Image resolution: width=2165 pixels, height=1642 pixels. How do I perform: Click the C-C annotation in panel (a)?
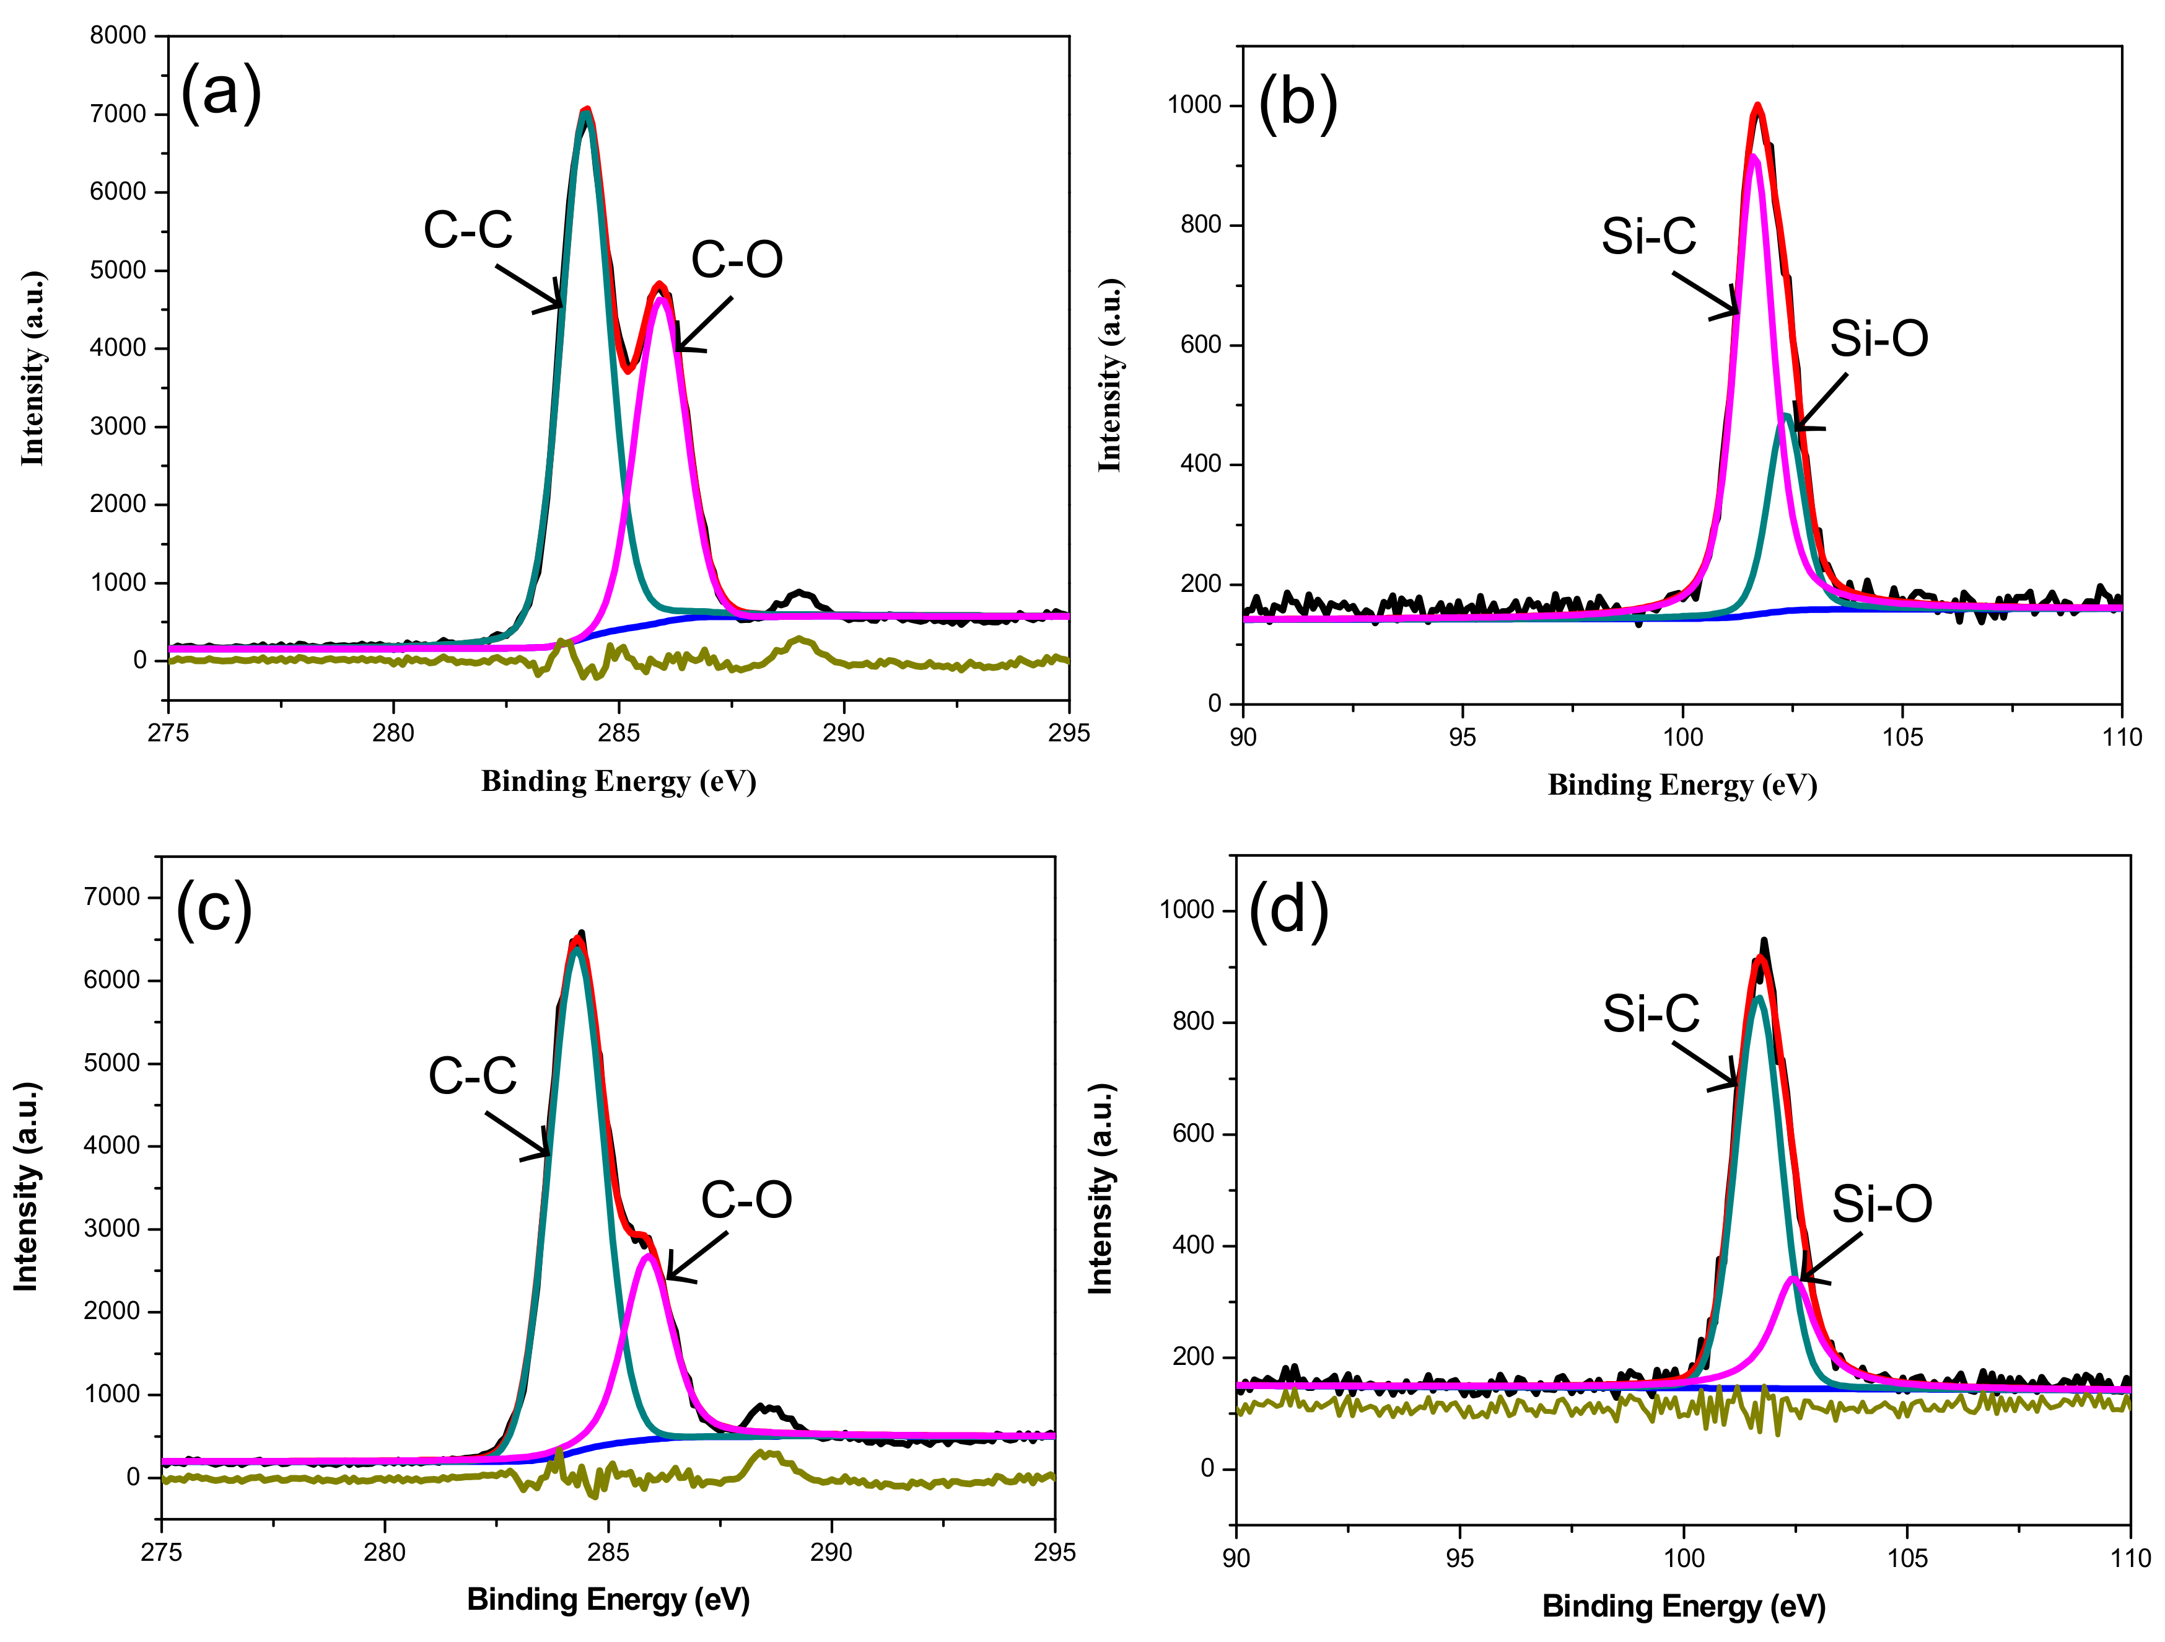pyautogui.click(x=468, y=230)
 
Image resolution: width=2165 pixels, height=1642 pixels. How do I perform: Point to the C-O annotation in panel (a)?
pyautogui.click(x=736, y=260)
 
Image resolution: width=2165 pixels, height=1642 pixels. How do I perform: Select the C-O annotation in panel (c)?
pyautogui.click(x=746, y=1199)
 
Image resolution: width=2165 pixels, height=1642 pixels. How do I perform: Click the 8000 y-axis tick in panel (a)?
pyautogui.click(x=118, y=35)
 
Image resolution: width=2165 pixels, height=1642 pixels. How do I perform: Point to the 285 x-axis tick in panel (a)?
pyautogui.click(x=619, y=733)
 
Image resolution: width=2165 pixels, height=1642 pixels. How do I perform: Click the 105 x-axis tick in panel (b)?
pyautogui.click(x=1902, y=736)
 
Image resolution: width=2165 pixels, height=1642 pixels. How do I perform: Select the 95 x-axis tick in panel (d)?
pyautogui.click(x=1459, y=1558)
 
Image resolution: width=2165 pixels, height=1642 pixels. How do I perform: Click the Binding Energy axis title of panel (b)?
pyautogui.click(x=1681, y=785)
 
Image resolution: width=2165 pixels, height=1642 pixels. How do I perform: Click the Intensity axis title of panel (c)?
pyautogui.click(x=27, y=1186)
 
